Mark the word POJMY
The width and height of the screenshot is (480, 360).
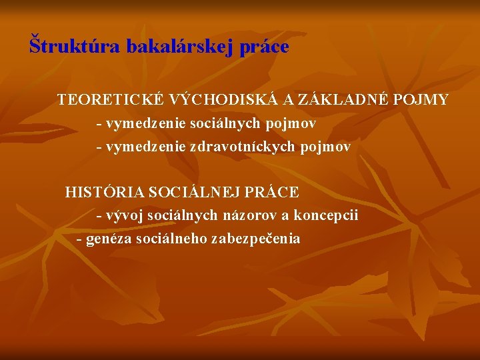421,100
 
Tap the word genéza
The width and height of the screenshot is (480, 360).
109,239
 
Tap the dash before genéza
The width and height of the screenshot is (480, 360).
80,239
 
